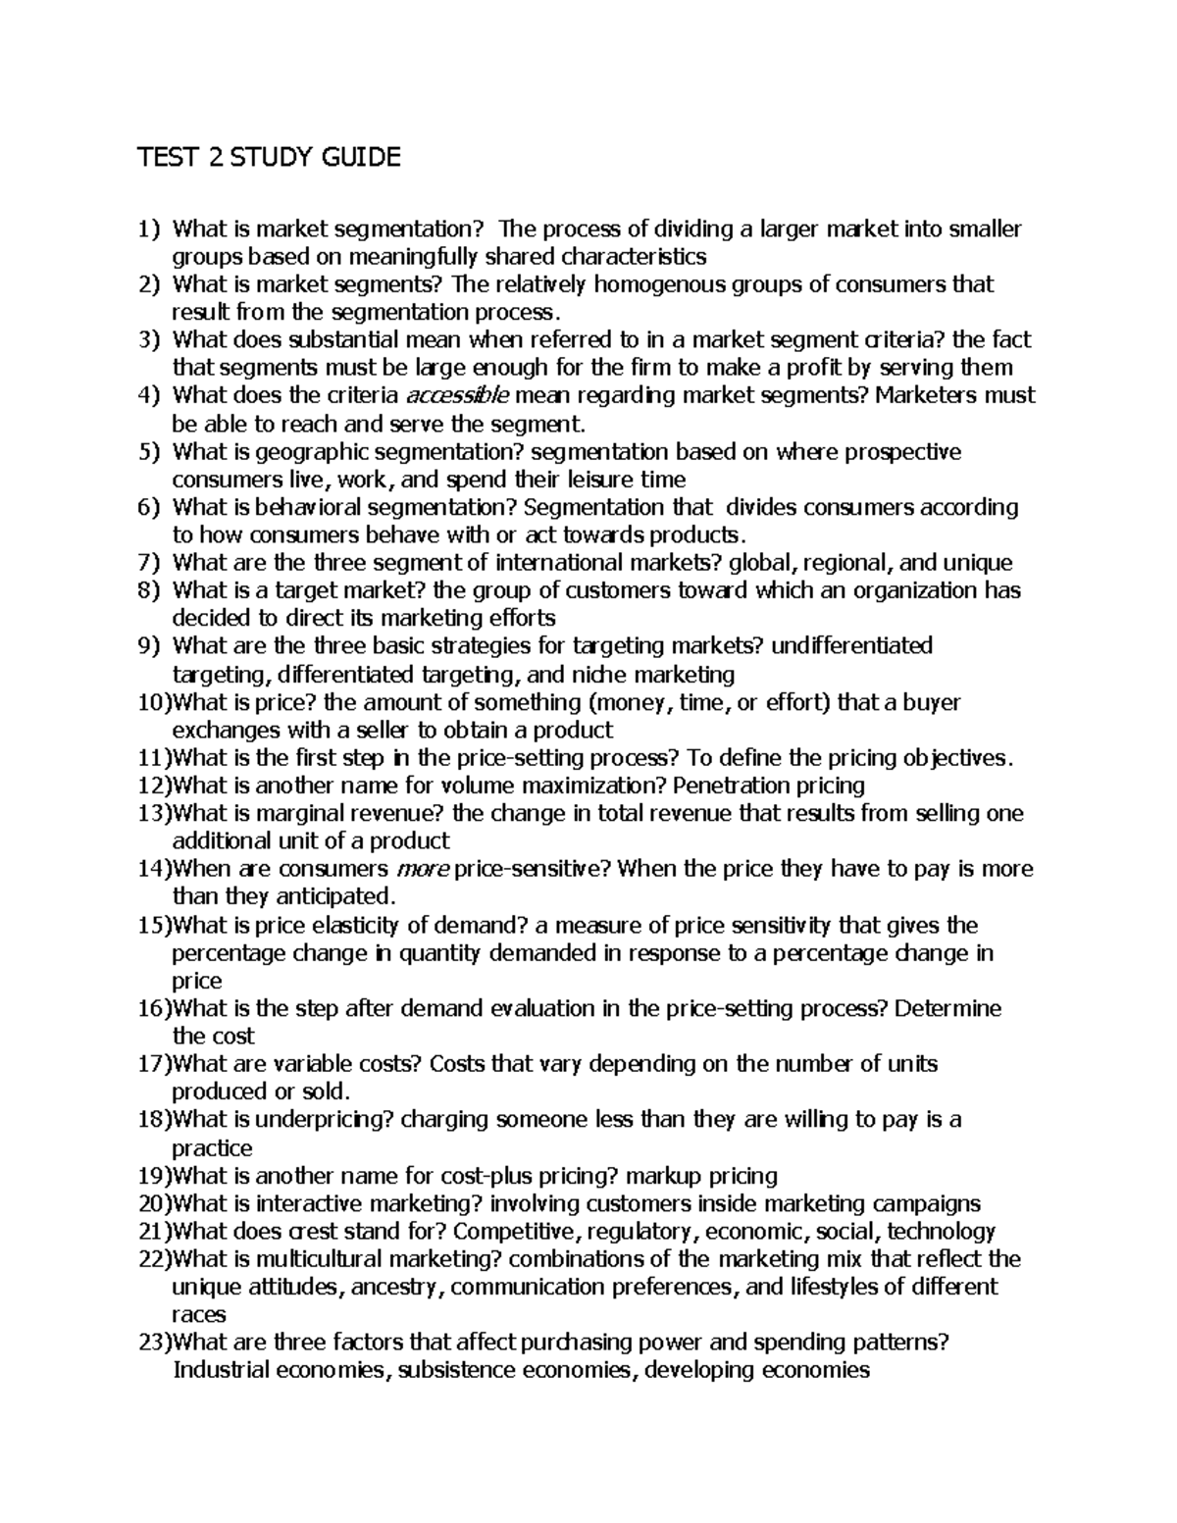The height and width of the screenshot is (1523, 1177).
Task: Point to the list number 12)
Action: click(154, 786)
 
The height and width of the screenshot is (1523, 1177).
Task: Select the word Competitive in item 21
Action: click(511, 1232)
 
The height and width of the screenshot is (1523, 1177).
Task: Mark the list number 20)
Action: click(154, 1203)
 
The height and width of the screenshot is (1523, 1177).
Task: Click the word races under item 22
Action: click(199, 1314)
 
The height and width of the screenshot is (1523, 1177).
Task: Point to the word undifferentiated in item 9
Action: click(851, 646)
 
